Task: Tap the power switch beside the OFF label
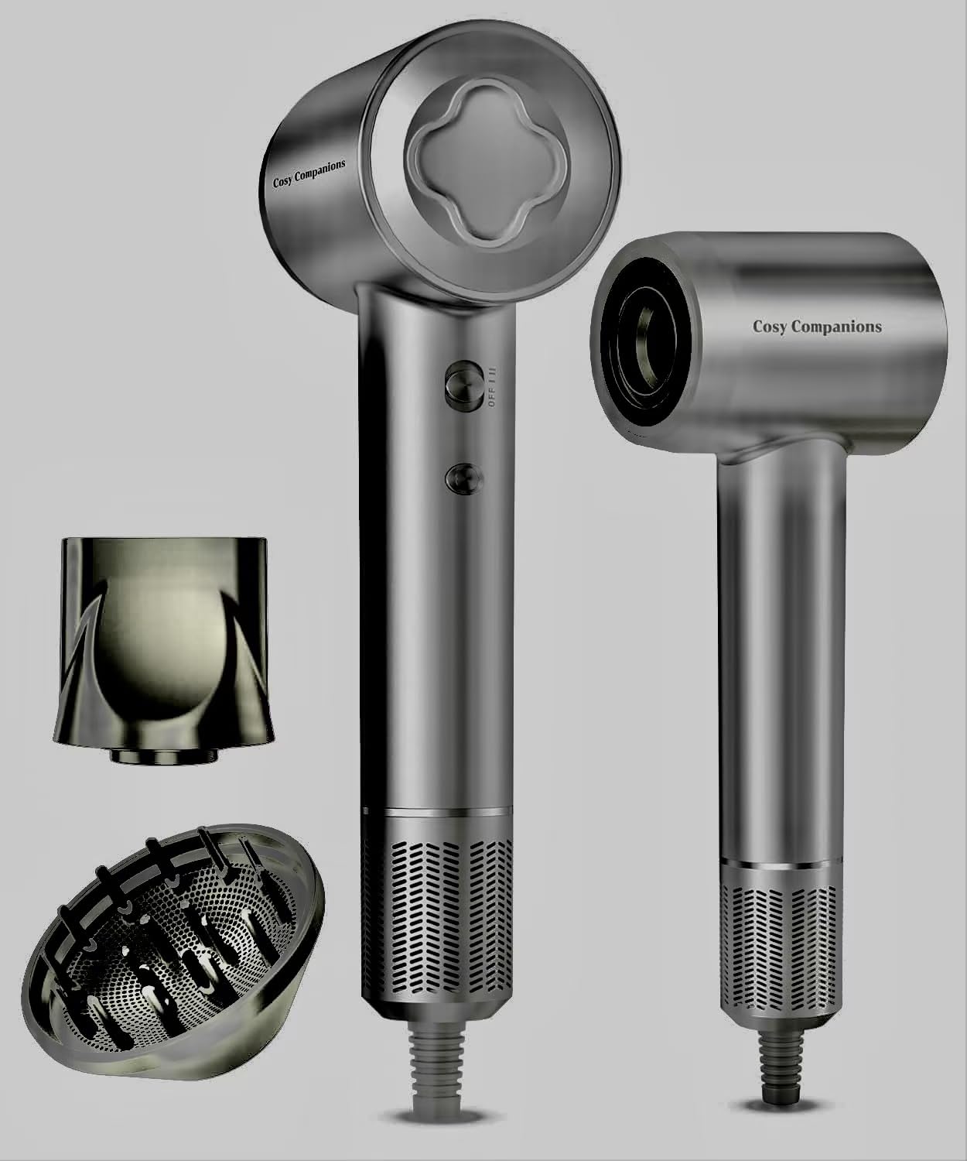coord(465,386)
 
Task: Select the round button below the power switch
coord(464,478)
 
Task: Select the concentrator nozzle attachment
coord(162,649)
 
